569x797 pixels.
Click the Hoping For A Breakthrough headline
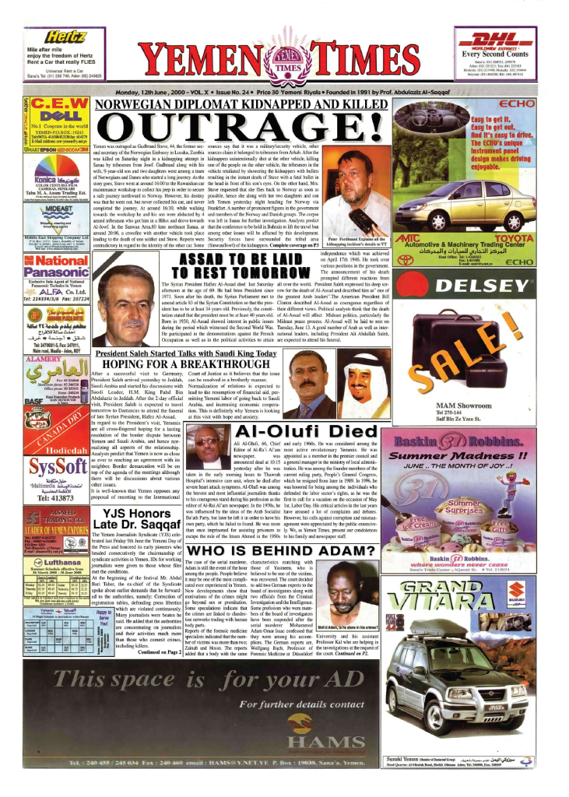pyautogui.click(x=185, y=363)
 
